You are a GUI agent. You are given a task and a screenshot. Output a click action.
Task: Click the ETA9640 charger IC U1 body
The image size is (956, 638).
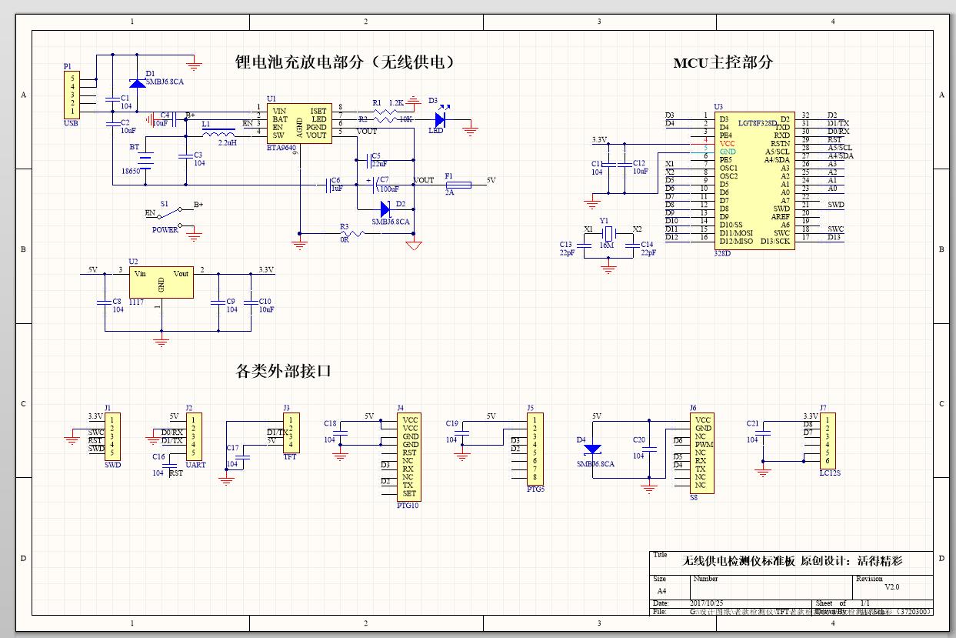coord(298,123)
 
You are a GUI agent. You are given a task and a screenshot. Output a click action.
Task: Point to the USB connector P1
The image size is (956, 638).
coord(72,95)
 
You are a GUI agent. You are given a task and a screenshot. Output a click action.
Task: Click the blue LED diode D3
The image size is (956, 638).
coord(440,119)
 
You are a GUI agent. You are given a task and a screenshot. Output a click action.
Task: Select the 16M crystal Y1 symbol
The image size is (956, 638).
coord(608,233)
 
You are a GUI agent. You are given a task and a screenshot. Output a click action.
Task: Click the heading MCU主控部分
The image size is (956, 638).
coord(722,63)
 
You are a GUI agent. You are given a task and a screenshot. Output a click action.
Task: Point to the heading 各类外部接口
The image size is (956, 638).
coord(283,371)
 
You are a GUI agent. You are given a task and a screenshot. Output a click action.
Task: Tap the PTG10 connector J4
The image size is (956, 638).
coord(408,457)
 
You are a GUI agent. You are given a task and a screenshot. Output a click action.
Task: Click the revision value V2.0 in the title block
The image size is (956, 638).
coord(891,587)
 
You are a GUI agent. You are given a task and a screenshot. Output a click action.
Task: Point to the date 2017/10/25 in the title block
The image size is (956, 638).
coord(707,603)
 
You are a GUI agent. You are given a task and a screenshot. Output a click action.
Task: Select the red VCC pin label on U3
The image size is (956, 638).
coord(728,144)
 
